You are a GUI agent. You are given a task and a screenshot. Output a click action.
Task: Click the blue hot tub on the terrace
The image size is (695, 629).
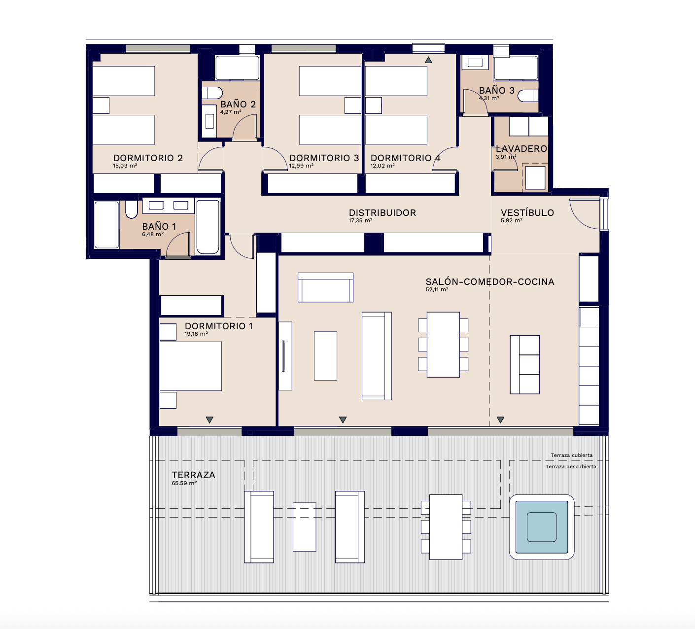click(x=542, y=527)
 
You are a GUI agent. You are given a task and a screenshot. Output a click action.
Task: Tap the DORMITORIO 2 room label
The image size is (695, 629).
click(x=148, y=158)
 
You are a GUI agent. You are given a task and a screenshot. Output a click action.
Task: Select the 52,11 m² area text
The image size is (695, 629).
click(x=437, y=289)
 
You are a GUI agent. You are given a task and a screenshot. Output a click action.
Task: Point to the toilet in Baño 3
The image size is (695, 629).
click(x=528, y=96)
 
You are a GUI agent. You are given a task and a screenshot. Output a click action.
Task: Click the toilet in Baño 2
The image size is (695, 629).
click(x=212, y=93)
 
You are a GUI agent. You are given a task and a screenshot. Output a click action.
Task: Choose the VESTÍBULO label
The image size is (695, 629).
click(x=527, y=212)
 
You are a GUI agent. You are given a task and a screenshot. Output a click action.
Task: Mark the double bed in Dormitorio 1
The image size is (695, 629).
click(x=191, y=366)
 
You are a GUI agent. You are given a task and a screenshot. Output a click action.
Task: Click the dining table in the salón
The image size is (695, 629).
click(x=443, y=345)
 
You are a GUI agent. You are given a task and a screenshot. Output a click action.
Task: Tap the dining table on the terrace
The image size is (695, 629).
click(x=446, y=527)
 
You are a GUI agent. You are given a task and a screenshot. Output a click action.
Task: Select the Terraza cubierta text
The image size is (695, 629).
click(x=572, y=455)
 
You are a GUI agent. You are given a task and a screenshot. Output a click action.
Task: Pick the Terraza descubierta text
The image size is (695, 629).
click(x=571, y=466)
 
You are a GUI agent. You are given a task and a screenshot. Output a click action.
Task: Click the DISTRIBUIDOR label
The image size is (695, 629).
click(x=382, y=212)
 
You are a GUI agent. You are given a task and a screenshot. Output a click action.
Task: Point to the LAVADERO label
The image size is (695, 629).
click(x=521, y=149)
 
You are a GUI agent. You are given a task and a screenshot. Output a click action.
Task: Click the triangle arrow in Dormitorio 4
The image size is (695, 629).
click(x=428, y=60)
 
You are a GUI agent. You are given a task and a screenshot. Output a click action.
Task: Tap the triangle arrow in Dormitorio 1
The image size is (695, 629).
click(x=209, y=420)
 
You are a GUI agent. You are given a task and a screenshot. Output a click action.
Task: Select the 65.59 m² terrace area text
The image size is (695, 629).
click(x=184, y=483)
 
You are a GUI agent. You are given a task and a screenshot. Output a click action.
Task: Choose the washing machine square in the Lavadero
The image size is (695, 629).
click(x=535, y=178)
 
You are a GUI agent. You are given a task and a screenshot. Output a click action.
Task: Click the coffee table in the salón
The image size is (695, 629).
click(x=325, y=356)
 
